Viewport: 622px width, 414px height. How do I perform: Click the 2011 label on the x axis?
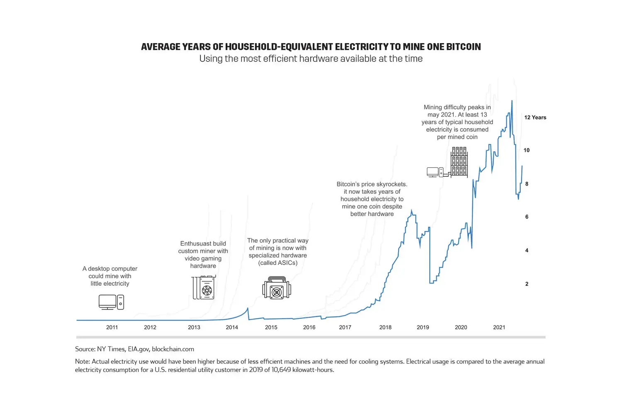click(112, 327)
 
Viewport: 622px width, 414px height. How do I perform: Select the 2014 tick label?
click(232, 327)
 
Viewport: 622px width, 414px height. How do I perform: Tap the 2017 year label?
click(345, 327)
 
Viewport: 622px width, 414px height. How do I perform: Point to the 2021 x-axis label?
click(499, 327)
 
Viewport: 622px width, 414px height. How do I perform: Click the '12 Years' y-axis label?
click(535, 118)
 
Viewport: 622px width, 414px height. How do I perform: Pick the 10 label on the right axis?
click(527, 150)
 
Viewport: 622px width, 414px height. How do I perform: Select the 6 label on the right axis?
click(527, 217)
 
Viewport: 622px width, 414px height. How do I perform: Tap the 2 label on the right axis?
click(527, 284)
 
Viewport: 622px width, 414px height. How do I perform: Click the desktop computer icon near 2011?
click(111, 302)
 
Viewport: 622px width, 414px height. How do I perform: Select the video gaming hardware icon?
click(204, 287)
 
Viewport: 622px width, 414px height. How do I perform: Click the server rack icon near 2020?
click(459, 162)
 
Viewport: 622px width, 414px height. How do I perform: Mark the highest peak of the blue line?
click(512, 101)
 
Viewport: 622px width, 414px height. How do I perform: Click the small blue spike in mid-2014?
click(248, 308)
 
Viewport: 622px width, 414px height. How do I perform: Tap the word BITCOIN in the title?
click(463, 47)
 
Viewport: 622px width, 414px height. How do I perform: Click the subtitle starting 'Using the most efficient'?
click(311, 59)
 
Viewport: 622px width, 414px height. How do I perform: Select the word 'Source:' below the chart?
click(85, 349)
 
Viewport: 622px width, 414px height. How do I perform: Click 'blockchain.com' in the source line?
click(173, 349)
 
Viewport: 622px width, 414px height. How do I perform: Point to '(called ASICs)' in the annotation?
click(277, 263)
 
